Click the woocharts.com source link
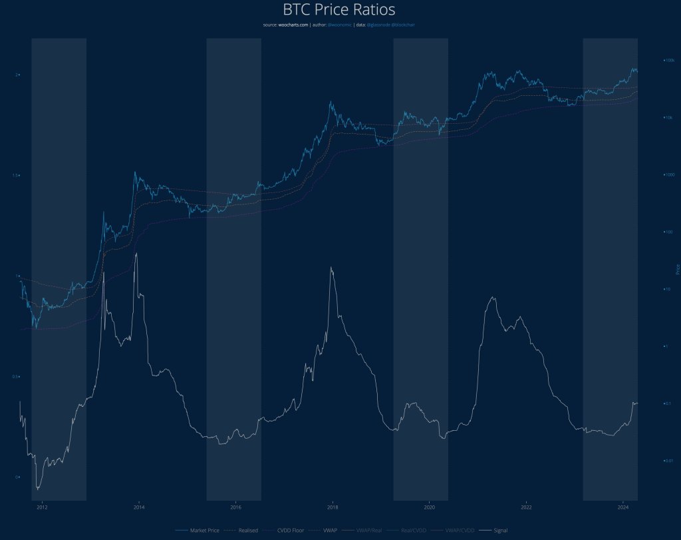pos(293,25)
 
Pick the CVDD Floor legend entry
pos(285,530)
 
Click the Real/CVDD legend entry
pos(409,530)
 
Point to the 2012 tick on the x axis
pos(41,506)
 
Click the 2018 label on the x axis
pos(332,506)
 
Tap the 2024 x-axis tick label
pos(622,506)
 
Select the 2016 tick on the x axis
pos(235,506)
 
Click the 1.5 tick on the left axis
pos(17,175)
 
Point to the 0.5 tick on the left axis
pos(17,377)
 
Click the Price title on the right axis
pos(677,270)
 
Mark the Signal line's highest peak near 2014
pos(136,253)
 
